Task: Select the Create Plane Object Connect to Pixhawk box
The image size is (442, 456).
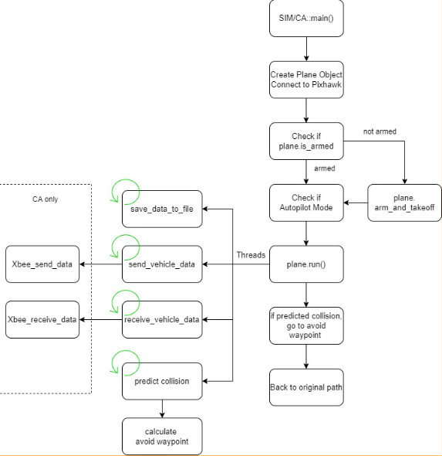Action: tap(306, 80)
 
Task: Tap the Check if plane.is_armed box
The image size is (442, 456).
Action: tap(306, 141)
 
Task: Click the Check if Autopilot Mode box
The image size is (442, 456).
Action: tap(306, 202)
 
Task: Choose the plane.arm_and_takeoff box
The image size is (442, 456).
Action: tap(404, 202)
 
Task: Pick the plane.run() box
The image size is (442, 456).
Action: tap(306, 264)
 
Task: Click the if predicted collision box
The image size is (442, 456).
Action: tap(306, 325)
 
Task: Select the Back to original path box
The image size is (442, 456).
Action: tap(306, 386)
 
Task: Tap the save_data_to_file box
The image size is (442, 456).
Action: tap(162, 209)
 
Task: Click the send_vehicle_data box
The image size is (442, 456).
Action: tap(162, 264)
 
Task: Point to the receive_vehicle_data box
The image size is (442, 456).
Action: tap(162, 319)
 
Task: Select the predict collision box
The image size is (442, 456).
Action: tap(162, 381)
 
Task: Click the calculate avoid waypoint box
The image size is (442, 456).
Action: tap(162, 436)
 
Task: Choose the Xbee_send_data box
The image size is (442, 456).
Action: tap(42, 264)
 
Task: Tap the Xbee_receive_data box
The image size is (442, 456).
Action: tap(42, 319)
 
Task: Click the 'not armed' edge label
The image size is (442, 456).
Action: tap(380, 131)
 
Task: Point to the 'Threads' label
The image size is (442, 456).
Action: tap(251, 255)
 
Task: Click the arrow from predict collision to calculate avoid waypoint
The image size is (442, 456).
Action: tap(162, 409)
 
